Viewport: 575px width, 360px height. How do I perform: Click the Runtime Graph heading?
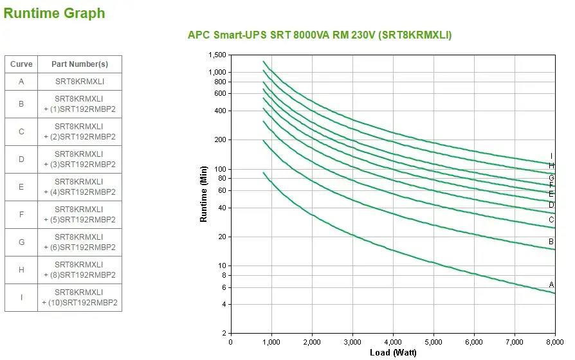(x=54, y=13)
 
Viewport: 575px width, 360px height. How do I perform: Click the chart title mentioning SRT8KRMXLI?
(x=320, y=35)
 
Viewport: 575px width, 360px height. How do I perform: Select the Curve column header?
(x=21, y=64)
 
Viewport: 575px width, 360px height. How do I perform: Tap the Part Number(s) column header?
(x=80, y=64)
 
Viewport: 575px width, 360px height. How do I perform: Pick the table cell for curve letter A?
(x=21, y=82)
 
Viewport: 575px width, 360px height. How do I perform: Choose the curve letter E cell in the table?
(x=21, y=187)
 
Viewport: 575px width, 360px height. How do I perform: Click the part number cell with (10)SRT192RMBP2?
(x=80, y=298)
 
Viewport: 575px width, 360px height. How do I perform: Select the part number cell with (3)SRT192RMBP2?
(x=80, y=159)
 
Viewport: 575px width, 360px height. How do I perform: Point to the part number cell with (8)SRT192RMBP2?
(x=80, y=270)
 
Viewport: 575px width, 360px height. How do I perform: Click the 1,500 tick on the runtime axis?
(x=218, y=55)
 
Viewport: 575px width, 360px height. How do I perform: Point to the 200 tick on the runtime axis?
(x=221, y=139)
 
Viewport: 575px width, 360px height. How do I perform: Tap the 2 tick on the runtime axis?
(x=224, y=333)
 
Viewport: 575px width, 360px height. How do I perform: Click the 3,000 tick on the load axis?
(x=352, y=341)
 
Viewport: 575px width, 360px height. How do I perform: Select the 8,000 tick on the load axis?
(x=554, y=341)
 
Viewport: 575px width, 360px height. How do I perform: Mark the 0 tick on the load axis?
(x=231, y=341)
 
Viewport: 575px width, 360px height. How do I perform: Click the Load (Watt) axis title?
(x=393, y=352)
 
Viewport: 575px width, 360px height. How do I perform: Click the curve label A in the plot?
(x=551, y=285)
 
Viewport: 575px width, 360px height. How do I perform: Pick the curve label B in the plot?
(x=551, y=242)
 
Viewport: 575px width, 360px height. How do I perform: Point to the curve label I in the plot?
(x=551, y=156)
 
